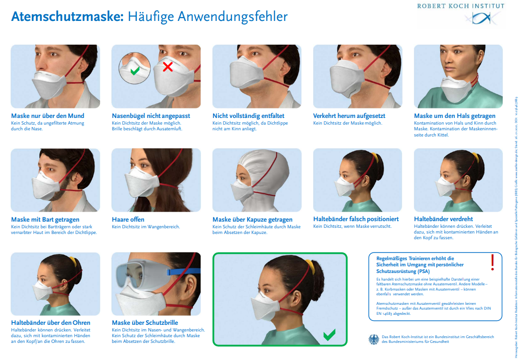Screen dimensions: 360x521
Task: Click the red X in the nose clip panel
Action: [167, 67]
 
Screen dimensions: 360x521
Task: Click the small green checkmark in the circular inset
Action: [135, 71]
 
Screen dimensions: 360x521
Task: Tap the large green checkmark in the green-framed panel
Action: [329, 335]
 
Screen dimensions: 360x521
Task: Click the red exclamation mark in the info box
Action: [492, 262]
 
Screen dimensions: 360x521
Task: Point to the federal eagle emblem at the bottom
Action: [374, 339]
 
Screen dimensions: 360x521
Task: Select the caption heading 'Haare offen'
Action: [128, 219]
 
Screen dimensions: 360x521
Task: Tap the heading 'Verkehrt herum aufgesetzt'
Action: [349, 116]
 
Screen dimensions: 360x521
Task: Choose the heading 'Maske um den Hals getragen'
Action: [454, 116]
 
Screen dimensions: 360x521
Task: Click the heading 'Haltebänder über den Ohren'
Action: [50, 322]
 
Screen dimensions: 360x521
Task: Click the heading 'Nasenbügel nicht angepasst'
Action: [151, 116]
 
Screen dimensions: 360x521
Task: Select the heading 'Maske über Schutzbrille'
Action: [145, 322]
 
